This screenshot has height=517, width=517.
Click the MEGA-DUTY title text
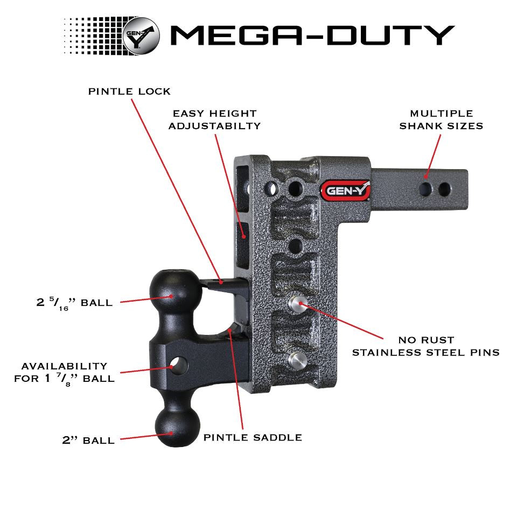312,34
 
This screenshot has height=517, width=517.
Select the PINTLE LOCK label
129,91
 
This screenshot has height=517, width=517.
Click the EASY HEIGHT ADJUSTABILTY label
214,120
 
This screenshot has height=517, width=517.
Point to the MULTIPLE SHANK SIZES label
441,120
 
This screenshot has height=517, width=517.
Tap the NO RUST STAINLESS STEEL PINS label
425,346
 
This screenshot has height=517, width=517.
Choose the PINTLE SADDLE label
252,437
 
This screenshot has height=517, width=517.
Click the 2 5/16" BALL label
74,302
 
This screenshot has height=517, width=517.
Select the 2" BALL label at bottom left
88,440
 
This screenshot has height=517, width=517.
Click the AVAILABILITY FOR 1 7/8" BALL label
64,372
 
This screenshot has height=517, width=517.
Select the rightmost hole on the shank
444,189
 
